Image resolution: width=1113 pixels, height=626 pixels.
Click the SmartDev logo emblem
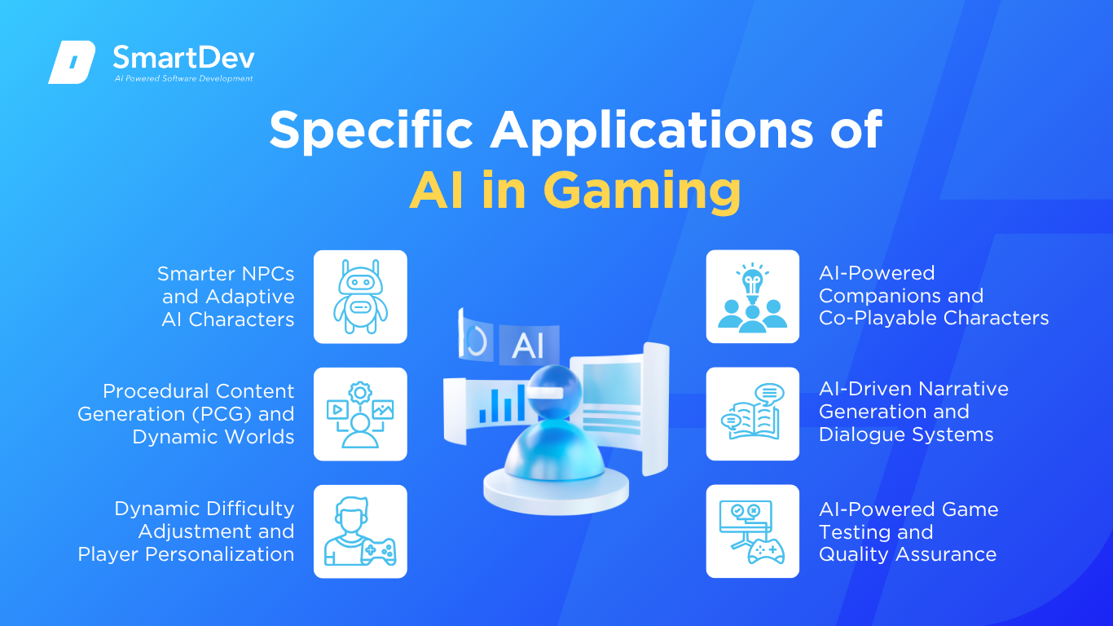click(x=72, y=62)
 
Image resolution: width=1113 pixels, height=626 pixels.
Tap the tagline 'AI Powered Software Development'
click(x=184, y=78)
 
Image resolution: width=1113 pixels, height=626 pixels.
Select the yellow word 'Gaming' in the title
click(x=642, y=191)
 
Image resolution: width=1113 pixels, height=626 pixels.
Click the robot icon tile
click(x=360, y=297)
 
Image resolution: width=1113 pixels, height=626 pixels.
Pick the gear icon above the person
click(x=360, y=393)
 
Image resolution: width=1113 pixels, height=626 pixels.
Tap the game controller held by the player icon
click(x=379, y=551)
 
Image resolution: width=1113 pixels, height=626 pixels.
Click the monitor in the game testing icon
click(x=746, y=516)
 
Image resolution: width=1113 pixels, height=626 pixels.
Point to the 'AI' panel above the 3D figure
click(x=529, y=345)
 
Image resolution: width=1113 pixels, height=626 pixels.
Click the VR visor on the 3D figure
click(x=544, y=392)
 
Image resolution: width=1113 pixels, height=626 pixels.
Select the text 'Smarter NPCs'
click(x=226, y=274)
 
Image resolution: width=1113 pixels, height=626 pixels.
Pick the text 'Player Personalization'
click(x=186, y=554)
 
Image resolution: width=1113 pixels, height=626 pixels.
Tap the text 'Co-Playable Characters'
click(x=934, y=318)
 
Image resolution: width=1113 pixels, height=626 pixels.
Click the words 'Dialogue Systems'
click(x=906, y=435)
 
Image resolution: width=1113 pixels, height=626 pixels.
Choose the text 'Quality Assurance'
click(x=908, y=554)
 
